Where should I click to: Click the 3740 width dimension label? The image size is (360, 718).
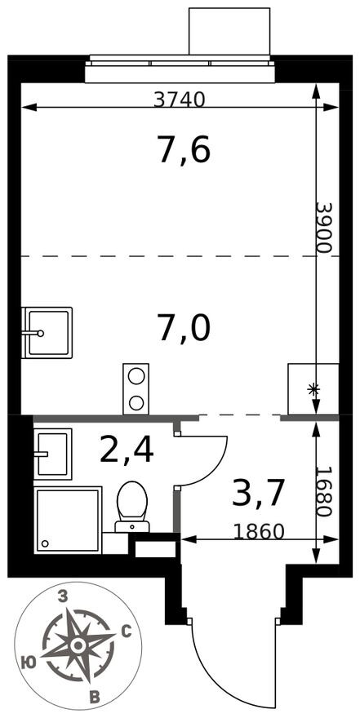point(179,100)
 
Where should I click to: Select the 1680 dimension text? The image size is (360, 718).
point(323,491)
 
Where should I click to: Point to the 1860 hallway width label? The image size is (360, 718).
point(259,532)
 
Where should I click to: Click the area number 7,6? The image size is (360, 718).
point(184,151)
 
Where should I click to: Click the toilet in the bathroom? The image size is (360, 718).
point(132,507)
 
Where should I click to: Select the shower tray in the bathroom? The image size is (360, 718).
point(68,521)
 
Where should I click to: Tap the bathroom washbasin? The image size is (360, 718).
point(53,454)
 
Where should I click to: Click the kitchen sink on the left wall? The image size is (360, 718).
point(47,333)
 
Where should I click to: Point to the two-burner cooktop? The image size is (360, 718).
point(136,388)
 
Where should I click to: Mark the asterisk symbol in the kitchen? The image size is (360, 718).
point(313,390)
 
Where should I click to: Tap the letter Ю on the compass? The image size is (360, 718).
point(29,662)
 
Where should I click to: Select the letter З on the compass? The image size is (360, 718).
point(64,596)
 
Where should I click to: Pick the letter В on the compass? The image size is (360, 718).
point(95,698)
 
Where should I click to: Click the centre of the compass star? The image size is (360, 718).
point(78,645)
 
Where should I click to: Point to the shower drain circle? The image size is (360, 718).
point(45,543)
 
